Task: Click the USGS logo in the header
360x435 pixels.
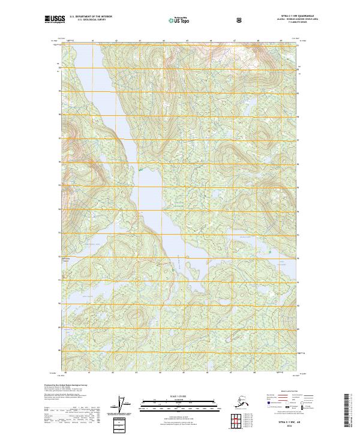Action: tap(55, 19)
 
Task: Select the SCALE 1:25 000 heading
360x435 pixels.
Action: tap(180, 395)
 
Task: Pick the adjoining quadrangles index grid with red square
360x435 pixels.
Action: tap(247, 421)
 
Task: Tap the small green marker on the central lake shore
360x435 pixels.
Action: tap(140, 171)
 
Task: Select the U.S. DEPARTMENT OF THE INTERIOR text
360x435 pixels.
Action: tap(91, 17)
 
